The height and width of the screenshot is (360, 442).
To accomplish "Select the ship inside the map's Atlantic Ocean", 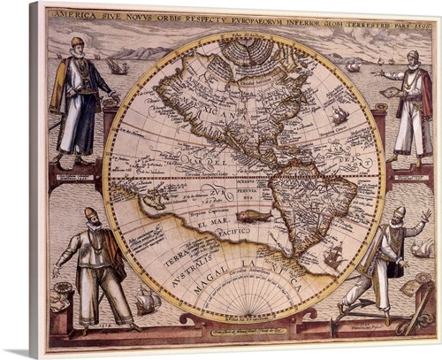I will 340,116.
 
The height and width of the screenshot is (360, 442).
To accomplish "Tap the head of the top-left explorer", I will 77,43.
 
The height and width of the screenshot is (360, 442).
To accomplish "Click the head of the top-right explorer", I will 413,58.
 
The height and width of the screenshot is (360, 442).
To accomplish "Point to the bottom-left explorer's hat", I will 90,212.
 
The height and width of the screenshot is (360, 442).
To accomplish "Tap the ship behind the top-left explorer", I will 118,66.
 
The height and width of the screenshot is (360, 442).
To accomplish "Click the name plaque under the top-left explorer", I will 76,176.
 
